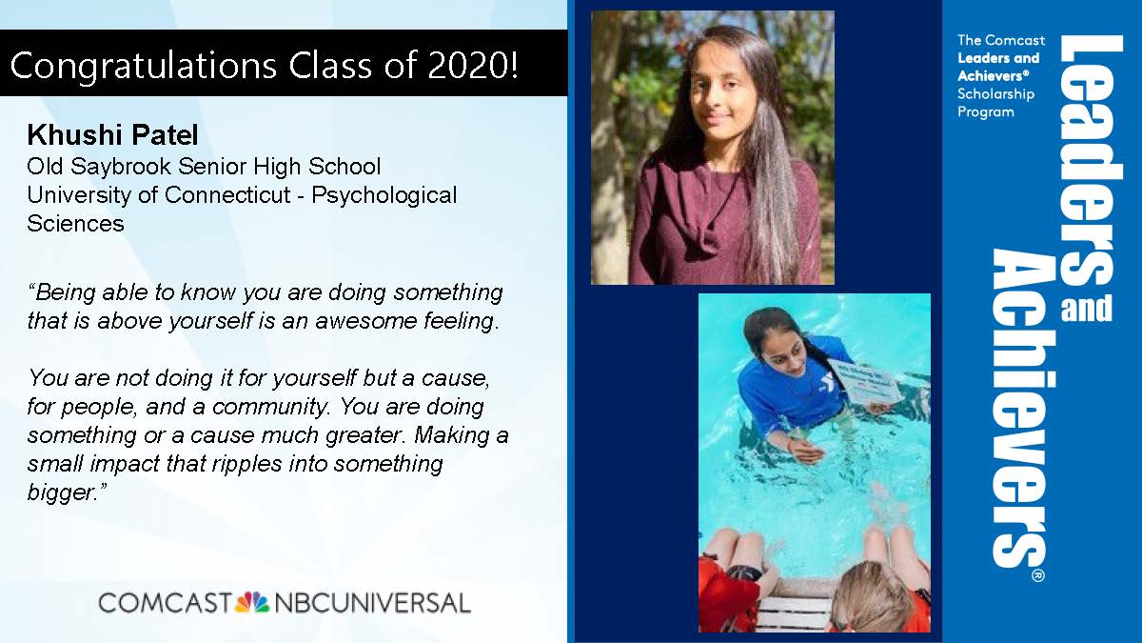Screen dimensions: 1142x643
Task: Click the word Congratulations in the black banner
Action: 144,66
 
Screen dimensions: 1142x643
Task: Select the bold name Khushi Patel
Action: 112,134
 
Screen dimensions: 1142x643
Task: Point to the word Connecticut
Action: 227,195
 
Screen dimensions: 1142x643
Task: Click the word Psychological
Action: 384,196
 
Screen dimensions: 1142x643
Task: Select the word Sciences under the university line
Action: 75,224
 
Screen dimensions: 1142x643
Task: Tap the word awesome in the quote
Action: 366,321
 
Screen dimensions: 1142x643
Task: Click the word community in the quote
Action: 269,408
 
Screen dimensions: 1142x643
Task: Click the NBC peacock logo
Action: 251,602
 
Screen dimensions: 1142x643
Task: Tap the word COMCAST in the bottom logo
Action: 166,603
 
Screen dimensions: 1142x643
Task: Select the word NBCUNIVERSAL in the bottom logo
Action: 372,603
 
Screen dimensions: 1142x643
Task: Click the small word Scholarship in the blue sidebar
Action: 995,95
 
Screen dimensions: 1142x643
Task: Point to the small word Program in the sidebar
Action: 986,112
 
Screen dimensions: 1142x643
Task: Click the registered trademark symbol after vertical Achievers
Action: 1038,575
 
